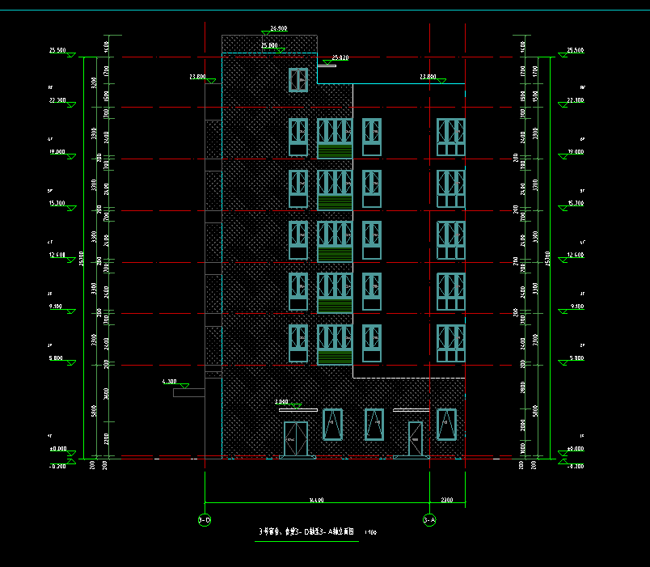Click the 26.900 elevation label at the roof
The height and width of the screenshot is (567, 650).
click(278, 28)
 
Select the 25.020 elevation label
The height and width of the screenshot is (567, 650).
click(340, 57)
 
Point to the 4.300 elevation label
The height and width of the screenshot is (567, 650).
click(170, 380)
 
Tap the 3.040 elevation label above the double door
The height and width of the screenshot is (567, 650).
click(282, 401)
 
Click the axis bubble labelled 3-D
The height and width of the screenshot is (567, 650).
click(205, 519)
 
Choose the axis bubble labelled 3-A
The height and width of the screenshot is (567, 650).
click(429, 519)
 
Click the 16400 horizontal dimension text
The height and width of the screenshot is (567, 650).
click(316, 500)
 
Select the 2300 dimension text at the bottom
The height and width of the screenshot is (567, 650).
click(447, 500)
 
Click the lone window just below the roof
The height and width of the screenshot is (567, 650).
click(298, 79)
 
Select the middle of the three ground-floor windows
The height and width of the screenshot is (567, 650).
click(374, 425)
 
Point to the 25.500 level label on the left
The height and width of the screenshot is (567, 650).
click(57, 50)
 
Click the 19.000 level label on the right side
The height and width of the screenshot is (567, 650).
click(576, 151)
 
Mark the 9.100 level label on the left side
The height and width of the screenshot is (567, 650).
click(57, 307)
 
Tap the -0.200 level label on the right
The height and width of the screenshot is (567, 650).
click(575, 467)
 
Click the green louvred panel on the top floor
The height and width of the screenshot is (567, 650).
click(335, 151)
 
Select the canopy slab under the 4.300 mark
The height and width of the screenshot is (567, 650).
click(188, 393)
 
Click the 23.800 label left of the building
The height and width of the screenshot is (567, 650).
click(197, 77)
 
